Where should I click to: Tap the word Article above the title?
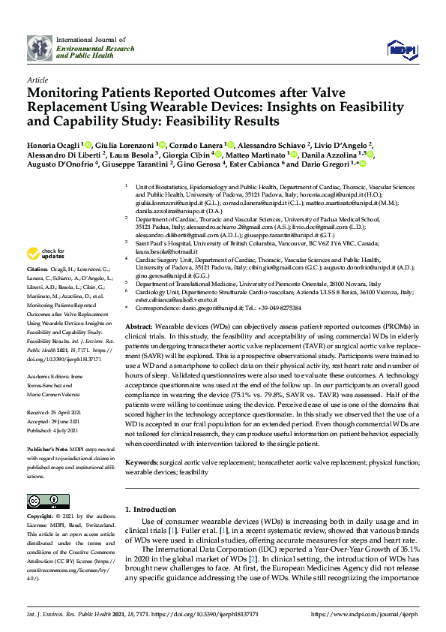click(x=37, y=79)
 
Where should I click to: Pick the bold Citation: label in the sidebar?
click(x=37, y=267)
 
